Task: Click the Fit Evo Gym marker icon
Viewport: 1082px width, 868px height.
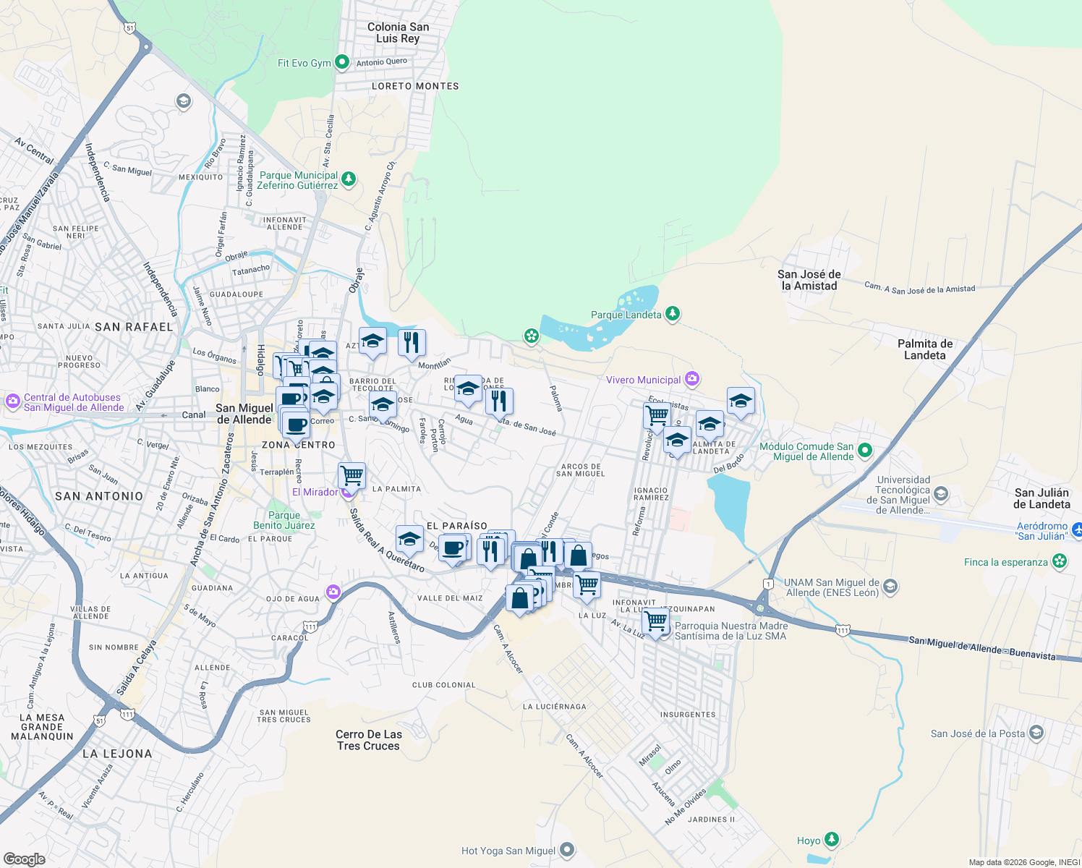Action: [343, 63]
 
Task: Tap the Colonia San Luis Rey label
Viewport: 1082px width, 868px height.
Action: [398, 33]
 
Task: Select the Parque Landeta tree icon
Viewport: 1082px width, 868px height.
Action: [673, 314]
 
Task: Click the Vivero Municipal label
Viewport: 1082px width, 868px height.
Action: [643, 380]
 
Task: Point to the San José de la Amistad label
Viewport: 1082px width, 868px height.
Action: [809, 280]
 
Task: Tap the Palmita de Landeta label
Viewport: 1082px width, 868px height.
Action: [924, 349]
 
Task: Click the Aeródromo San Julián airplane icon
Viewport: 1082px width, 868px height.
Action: [1076, 530]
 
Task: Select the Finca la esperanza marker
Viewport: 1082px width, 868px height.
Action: [1060, 562]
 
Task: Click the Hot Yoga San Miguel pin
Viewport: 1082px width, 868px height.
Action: [567, 850]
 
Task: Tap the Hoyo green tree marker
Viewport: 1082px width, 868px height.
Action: [832, 840]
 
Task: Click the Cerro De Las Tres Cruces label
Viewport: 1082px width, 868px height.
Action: [368, 740]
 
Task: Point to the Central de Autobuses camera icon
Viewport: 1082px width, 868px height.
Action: [12, 401]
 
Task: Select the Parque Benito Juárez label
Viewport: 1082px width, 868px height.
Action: [284, 520]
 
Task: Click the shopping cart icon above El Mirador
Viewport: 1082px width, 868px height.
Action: [352, 476]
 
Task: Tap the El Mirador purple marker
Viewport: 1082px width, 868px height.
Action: [348, 493]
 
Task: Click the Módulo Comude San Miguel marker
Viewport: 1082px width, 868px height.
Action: [864, 451]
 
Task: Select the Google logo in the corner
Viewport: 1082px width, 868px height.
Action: [24, 859]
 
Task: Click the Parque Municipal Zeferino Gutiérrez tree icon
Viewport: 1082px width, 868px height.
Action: [349, 179]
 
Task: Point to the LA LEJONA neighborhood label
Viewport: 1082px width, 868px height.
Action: [117, 754]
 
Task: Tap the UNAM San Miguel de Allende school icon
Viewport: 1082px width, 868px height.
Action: [890, 587]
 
